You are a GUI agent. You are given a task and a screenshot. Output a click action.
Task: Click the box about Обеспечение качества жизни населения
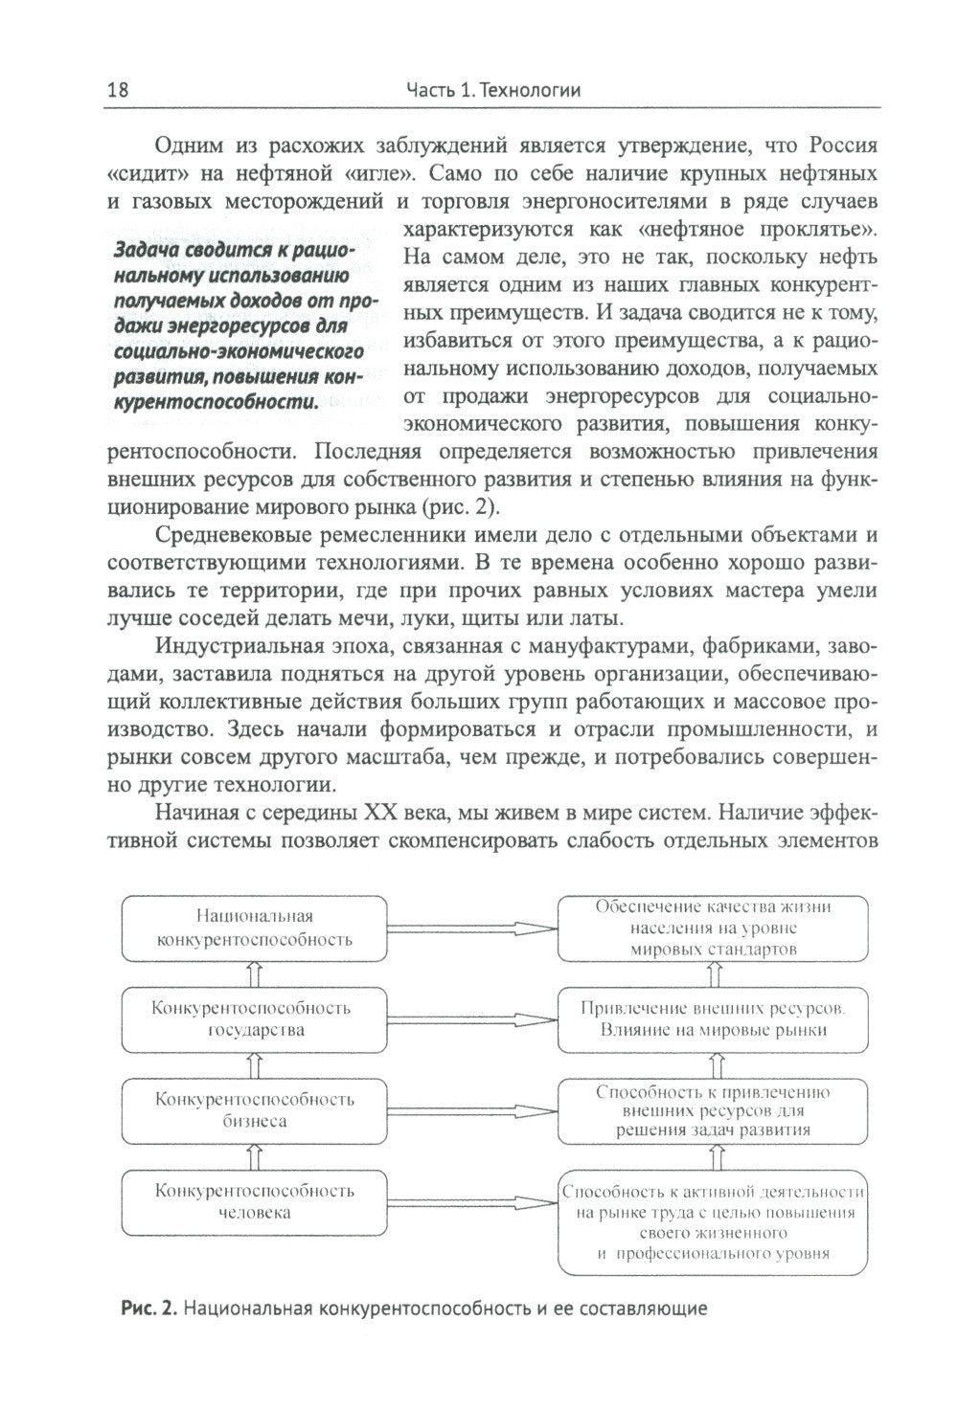coord(714,927)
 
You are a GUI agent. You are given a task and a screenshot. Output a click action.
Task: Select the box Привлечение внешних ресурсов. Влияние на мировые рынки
coord(714,1018)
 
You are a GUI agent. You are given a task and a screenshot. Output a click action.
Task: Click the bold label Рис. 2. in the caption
coord(148,1307)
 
